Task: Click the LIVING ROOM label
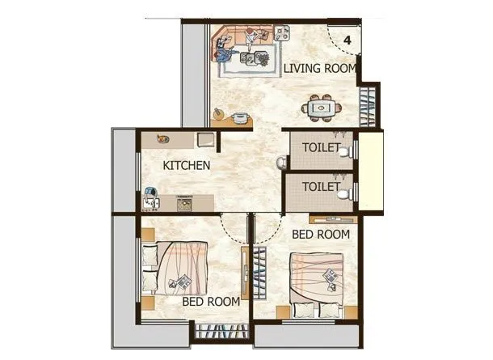[x=318, y=69]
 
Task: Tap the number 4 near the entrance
[x=347, y=40]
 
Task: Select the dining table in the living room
[x=321, y=107]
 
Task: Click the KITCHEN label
[x=187, y=165]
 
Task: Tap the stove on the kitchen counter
[x=184, y=202]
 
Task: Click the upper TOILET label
[x=321, y=148]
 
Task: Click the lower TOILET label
[x=321, y=186]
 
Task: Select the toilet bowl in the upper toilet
[x=345, y=152]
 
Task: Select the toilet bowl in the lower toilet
[x=345, y=193]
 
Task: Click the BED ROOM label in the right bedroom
[x=320, y=235]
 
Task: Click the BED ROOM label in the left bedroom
[x=210, y=301]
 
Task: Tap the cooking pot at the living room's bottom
[x=238, y=118]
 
